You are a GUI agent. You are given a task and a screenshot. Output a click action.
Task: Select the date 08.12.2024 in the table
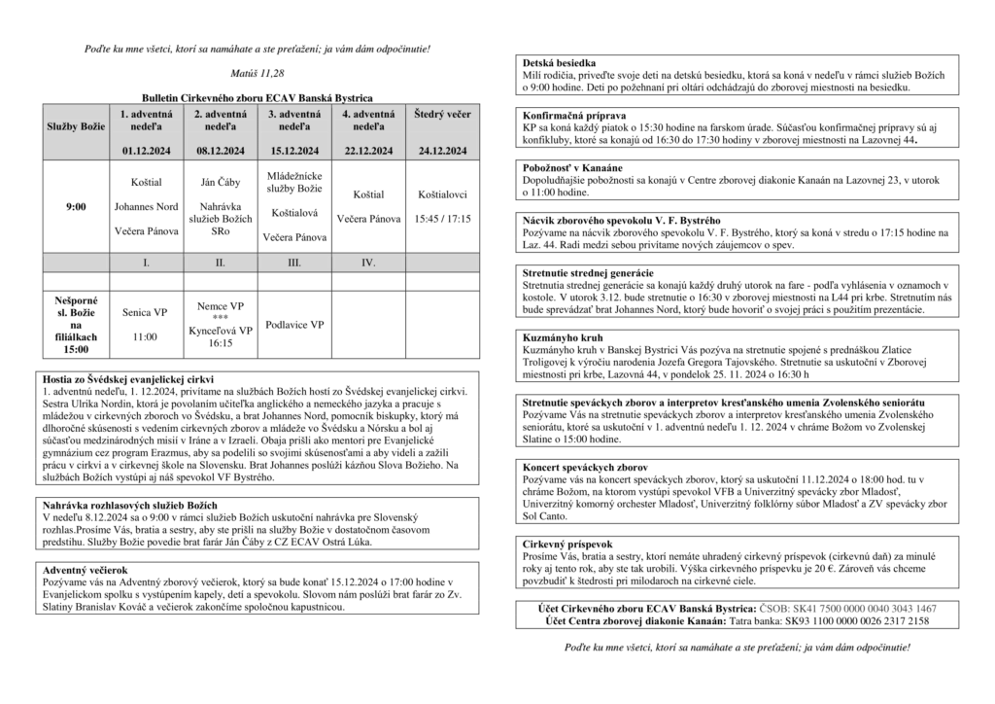[x=220, y=151]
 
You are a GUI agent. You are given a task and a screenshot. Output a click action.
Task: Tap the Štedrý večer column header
[x=442, y=115]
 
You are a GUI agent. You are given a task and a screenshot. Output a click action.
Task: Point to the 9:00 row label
[x=76, y=207]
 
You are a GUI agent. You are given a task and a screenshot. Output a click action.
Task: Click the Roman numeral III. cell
[x=294, y=263]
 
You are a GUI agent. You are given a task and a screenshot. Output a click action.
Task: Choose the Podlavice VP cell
[x=294, y=325]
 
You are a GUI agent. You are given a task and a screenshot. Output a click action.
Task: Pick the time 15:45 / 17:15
[x=442, y=220]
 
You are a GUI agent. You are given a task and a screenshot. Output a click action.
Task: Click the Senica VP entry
[x=146, y=313]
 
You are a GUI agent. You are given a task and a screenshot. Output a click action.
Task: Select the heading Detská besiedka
[x=554, y=62]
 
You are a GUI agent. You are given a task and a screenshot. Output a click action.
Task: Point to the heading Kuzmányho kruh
[x=558, y=335]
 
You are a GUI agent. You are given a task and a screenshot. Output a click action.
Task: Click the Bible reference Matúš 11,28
[x=257, y=73]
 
